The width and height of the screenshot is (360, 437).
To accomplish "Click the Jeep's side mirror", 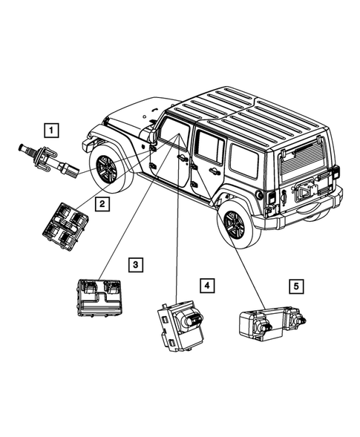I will tap(153, 135).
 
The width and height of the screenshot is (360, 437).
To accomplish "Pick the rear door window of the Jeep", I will tap(210, 149).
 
